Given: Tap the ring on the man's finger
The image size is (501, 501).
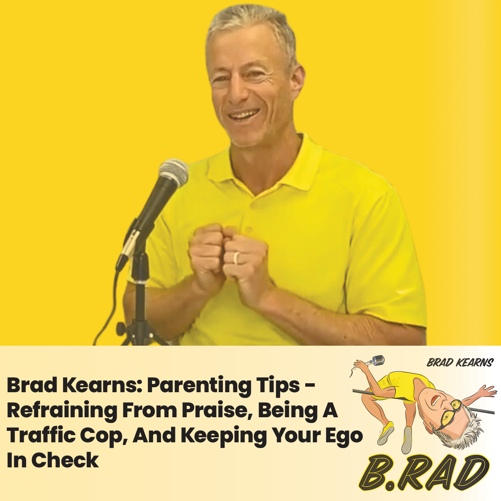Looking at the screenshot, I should tap(236, 258).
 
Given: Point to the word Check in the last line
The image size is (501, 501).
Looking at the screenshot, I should tap(65, 461).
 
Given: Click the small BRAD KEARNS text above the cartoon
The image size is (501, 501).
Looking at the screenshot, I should tap(460, 363).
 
